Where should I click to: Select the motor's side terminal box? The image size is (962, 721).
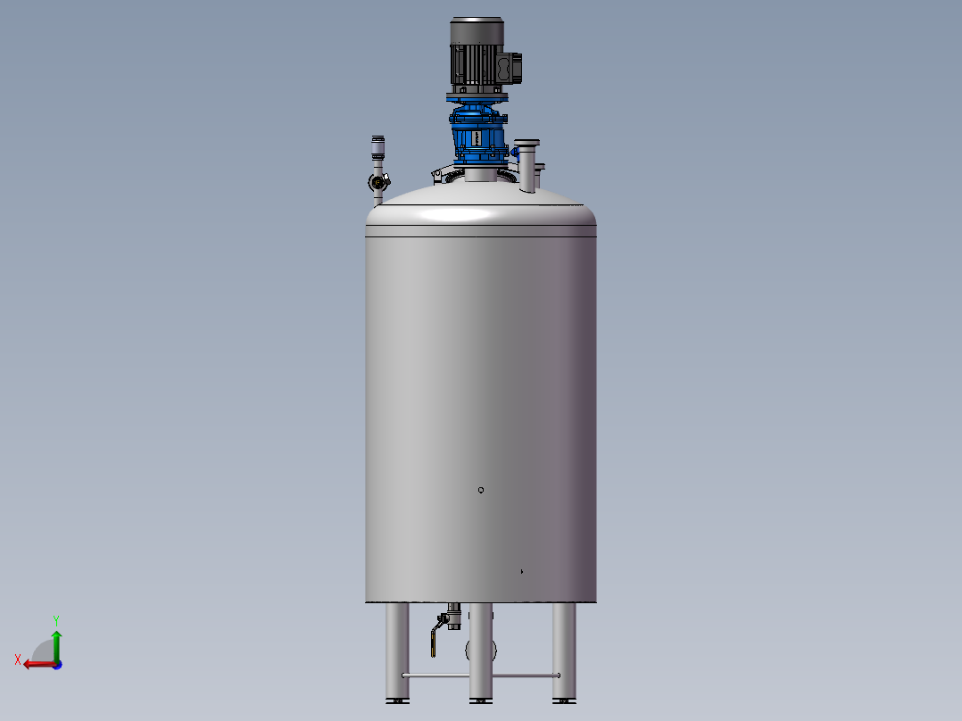click(x=511, y=66)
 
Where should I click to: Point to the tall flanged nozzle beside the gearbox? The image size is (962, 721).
click(x=527, y=164)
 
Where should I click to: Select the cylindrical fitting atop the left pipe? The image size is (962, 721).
click(x=377, y=145)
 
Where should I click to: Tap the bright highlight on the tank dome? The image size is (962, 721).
click(x=460, y=214)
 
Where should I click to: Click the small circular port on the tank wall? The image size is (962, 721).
click(x=481, y=490)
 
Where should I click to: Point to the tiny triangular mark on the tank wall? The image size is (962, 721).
click(x=522, y=571)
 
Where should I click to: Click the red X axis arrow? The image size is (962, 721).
click(x=36, y=664)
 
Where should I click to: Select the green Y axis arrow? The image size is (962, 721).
click(x=55, y=645)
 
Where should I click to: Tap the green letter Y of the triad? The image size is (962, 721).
click(x=55, y=619)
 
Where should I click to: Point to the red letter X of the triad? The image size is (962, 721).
click(x=17, y=660)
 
